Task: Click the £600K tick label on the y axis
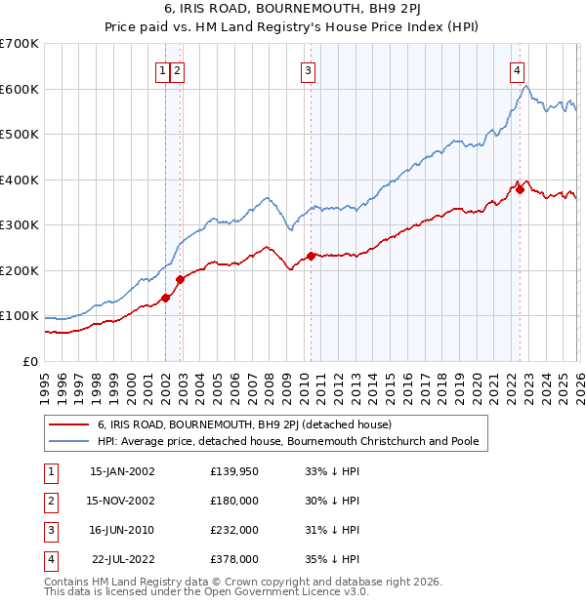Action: tap(19, 89)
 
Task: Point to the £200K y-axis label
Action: tap(19, 270)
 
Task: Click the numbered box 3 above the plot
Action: tap(308, 69)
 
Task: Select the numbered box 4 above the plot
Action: tap(516, 69)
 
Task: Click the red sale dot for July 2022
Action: tap(520, 189)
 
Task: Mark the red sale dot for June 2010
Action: tap(312, 256)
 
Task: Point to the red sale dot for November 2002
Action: tap(181, 279)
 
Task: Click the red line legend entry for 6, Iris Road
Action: tap(244, 424)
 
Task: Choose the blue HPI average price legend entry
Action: tap(287, 441)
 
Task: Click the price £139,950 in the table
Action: tap(234, 470)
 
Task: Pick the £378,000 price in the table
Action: tap(234, 559)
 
